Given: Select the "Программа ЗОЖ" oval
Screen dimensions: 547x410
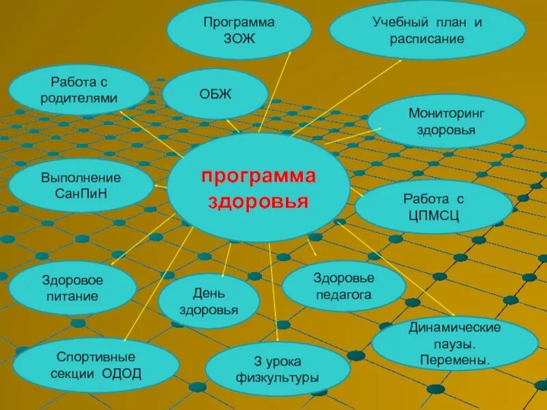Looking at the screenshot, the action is tap(239, 29).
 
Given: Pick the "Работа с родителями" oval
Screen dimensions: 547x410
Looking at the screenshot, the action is tap(79, 90).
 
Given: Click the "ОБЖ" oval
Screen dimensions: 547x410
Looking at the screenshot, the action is tap(215, 94).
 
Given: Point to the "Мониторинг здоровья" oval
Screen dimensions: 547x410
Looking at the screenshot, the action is tap(446, 120).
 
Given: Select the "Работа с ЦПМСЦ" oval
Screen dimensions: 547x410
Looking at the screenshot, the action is tap(433, 206).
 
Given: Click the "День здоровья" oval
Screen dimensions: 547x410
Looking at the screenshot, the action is tap(209, 301).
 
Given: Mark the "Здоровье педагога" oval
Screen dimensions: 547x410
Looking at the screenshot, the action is tap(343, 286).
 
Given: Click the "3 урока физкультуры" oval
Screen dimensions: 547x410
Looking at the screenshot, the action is tap(278, 369).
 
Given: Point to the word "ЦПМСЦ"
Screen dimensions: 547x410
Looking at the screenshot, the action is tap(433, 216).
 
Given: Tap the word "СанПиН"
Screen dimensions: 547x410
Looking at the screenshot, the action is tap(81, 193).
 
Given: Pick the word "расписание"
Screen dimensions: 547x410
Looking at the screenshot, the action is tap(427, 38).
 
